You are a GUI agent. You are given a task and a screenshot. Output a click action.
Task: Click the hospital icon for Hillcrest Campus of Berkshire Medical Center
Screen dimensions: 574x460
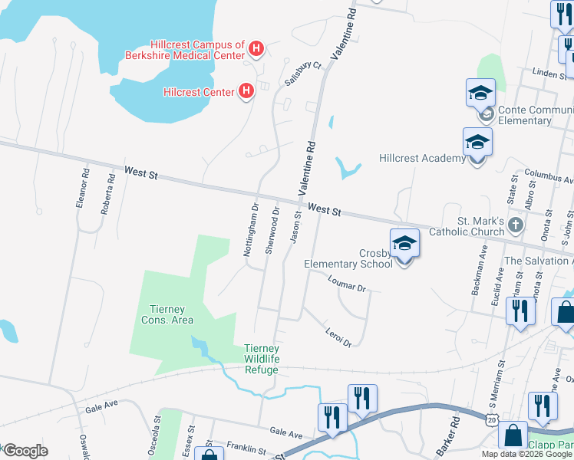click(x=257, y=51)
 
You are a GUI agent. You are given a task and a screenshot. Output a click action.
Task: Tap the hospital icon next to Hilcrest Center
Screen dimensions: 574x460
click(x=246, y=92)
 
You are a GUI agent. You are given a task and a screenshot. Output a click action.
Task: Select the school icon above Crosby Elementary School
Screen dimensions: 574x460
click(x=404, y=244)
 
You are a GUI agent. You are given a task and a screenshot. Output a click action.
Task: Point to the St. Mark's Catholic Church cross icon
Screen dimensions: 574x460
click(x=516, y=225)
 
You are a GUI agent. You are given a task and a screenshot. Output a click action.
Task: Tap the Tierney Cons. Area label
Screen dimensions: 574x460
click(x=167, y=314)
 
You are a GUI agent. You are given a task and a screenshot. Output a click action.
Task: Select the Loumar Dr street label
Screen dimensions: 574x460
click(x=347, y=284)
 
